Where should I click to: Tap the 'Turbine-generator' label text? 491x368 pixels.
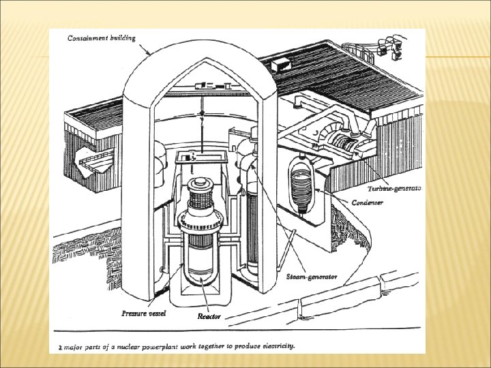click(394, 188)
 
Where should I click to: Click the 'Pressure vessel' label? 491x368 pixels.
click(144, 313)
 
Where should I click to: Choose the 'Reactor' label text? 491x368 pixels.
click(209, 316)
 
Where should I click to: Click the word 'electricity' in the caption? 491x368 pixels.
click(273, 346)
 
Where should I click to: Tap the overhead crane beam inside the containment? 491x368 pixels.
click(205, 86)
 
